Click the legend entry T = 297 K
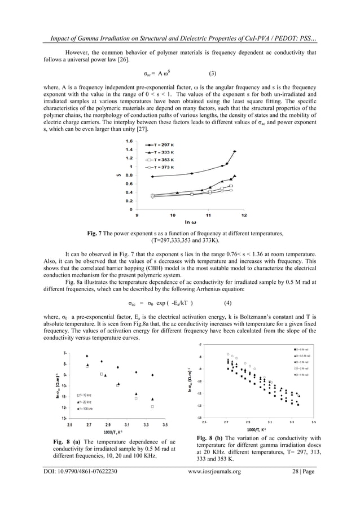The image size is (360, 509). point(160,145)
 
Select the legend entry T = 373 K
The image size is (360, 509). point(160,168)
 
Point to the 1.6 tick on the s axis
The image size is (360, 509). point(129,141)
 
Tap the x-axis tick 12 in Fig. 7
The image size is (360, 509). point(244,215)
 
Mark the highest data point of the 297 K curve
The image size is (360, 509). point(234,151)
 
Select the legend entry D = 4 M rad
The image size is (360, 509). point(305,375)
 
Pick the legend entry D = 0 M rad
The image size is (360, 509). point(305,350)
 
